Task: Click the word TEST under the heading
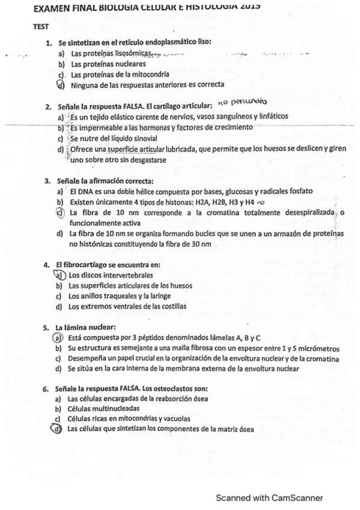point(41,26)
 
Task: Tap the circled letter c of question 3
point(60,212)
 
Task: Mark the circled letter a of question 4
point(59,275)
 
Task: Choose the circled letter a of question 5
point(59,338)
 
